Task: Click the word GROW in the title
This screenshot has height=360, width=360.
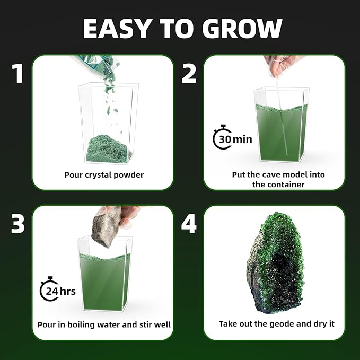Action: (242, 29)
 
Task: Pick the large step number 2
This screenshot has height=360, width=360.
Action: (189, 73)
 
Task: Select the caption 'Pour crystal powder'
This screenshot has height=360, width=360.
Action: (104, 175)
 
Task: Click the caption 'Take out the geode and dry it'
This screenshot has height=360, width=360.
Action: (277, 324)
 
